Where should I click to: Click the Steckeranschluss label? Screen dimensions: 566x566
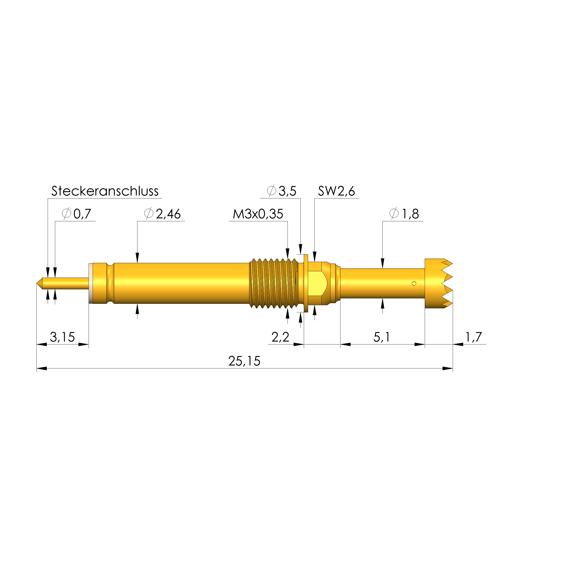tap(105, 191)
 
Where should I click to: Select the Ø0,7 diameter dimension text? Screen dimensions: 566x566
tap(77, 214)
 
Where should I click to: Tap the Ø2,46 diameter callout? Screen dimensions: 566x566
tap(163, 214)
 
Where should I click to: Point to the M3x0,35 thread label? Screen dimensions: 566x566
tap(258, 214)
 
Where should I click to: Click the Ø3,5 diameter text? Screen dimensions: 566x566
tap(282, 191)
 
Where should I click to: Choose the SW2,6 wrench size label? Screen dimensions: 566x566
tap(336, 191)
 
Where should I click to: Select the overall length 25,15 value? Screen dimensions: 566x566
tap(244, 361)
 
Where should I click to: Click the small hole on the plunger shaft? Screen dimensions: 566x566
tap(414, 283)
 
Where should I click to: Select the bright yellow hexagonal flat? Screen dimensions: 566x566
tap(318, 283)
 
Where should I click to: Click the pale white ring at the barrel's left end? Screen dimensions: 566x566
tap(90, 283)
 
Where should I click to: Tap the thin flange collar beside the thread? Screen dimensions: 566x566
tap(306, 283)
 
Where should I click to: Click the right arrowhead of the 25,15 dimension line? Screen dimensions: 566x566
tap(448, 368)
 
